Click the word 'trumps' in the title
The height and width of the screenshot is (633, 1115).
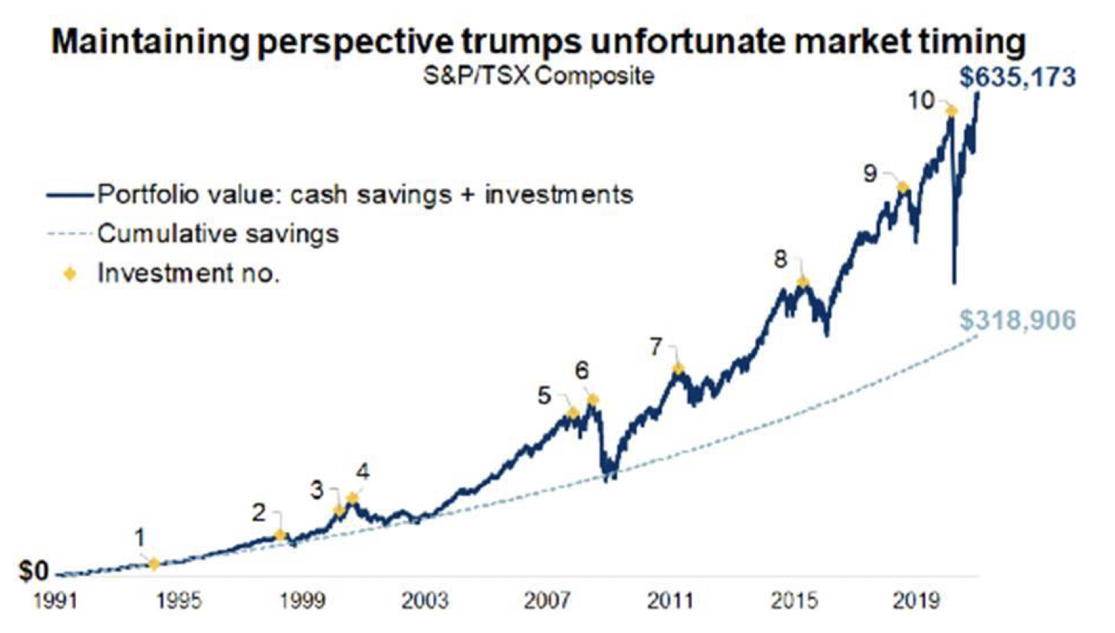click(x=520, y=41)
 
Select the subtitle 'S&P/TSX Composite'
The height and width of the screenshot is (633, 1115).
click(x=538, y=75)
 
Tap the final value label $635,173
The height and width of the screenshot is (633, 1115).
click(x=1018, y=77)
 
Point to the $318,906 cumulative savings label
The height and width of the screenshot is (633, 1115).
click(x=1018, y=320)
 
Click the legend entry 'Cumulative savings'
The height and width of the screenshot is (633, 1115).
click(x=218, y=233)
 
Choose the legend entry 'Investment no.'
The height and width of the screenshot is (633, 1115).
click(x=188, y=273)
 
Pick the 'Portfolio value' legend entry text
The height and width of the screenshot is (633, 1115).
click(x=365, y=194)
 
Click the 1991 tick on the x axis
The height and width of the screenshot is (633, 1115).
click(x=55, y=600)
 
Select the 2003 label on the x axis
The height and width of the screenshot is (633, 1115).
click(x=424, y=600)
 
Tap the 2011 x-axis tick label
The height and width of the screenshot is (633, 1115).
click(x=670, y=600)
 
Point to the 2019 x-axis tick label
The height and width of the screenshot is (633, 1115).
click(x=915, y=600)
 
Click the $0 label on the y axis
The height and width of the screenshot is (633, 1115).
click(x=34, y=571)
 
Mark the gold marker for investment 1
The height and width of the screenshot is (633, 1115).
click(x=154, y=564)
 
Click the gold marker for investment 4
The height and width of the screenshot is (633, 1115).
click(x=352, y=498)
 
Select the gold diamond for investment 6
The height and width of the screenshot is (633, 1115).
click(x=593, y=400)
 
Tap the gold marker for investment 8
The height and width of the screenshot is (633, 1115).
click(x=803, y=282)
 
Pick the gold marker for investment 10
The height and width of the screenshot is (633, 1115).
click(x=951, y=110)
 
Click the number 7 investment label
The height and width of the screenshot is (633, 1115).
click(x=656, y=347)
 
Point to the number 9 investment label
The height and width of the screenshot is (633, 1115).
click(x=870, y=173)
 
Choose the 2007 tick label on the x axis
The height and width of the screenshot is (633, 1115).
click(x=547, y=600)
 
